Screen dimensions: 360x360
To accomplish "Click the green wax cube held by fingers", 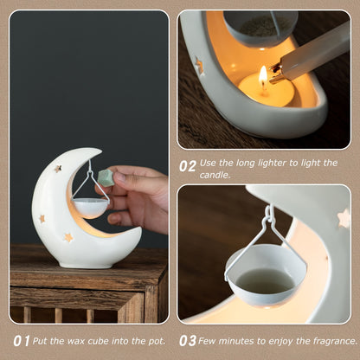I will click(x=105, y=177).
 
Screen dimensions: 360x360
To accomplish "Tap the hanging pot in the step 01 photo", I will click(x=89, y=208).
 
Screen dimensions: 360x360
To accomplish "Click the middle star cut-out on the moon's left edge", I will click(x=41, y=219).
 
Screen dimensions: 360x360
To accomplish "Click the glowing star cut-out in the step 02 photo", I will click(x=199, y=65).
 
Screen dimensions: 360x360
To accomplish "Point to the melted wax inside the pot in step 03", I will click(x=265, y=280).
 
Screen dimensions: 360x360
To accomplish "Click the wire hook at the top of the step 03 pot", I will click(x=269, y=212).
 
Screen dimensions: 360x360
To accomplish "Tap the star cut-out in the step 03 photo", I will click(x=344, y=218).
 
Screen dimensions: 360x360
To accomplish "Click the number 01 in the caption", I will click(x=21, y=341).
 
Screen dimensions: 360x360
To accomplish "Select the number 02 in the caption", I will click(x=188, y=163).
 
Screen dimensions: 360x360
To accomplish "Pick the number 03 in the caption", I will click(x=188, y=341).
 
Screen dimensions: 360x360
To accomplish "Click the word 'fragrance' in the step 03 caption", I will click(x=332, y=341).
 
